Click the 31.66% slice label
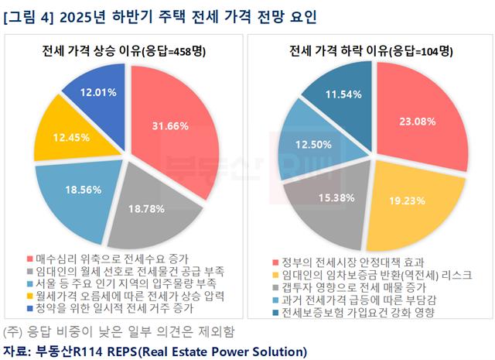[x=166, y=126]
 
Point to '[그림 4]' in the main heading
[x=29, y=15]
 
